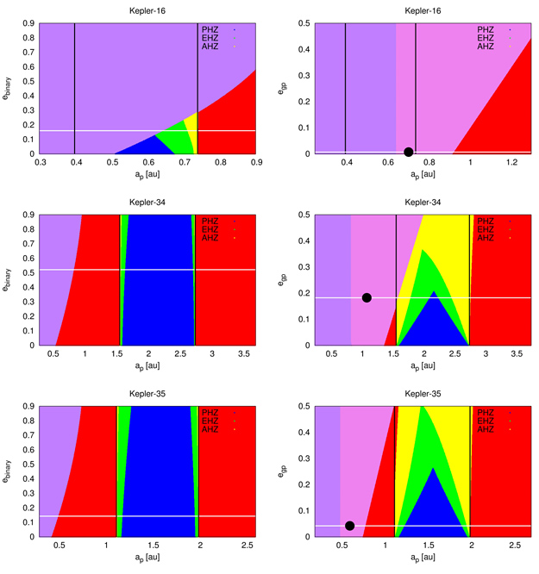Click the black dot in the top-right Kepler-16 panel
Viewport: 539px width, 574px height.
[408, 152]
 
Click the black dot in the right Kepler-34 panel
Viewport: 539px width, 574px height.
[367, 297]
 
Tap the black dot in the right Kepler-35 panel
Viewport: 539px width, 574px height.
[349, 526]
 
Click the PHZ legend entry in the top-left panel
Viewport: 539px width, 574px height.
[211, 30]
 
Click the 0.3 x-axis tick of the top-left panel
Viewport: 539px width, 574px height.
[40, 161]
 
